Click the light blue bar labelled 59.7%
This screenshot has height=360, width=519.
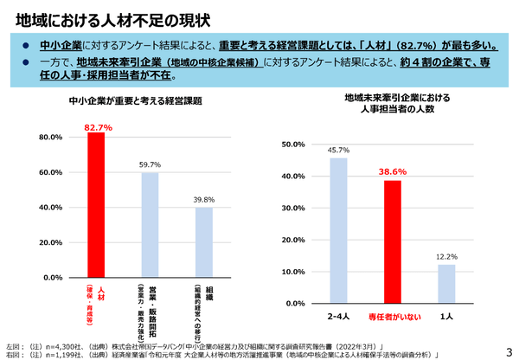[150, 225]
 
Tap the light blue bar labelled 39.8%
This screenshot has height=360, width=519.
[203, 242]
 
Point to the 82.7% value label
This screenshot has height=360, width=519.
[97, 127]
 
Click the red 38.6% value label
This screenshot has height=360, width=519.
[394, 172]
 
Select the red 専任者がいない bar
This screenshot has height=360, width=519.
[394, 241]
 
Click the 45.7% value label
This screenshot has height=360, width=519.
[338, 151]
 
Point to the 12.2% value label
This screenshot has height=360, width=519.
[446, 257]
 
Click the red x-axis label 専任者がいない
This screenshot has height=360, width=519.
[394, 318]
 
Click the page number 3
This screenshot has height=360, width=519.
[509, 349]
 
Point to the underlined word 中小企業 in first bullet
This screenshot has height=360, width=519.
[61, 44]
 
